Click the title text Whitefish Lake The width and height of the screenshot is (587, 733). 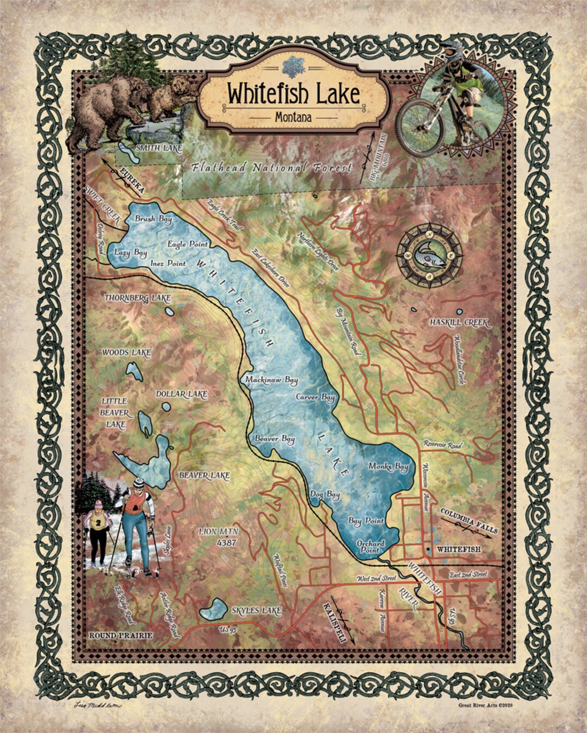(293, 93)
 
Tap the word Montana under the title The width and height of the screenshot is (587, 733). (293, 117)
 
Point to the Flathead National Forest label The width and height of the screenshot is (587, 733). (272, 168)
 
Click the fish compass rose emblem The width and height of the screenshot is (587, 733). (429, 255)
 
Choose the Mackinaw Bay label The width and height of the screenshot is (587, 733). (271, 380)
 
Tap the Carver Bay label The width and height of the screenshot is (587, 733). (315, 397)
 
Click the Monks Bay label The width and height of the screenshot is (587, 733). (388, 466)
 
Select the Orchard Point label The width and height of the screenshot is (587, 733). (370, 546)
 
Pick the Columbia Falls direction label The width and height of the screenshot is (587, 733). (469, 522)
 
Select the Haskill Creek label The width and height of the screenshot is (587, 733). (459, 323)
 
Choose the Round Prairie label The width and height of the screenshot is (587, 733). (121, 635)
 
